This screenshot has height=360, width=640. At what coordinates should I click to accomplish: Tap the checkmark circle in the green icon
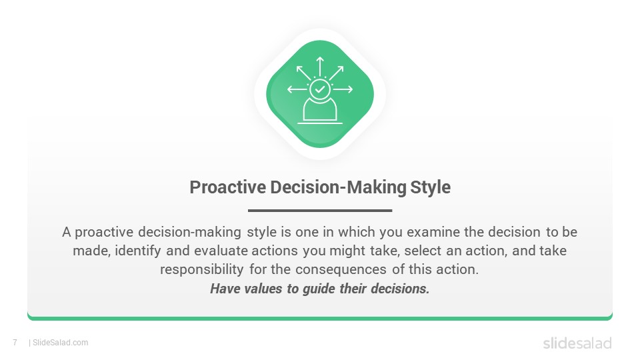click(x=320, y=89)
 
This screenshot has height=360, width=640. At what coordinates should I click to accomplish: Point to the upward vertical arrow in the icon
click(x=320, y=67)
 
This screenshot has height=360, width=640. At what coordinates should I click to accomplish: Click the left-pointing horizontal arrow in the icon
click(x=297, y=89)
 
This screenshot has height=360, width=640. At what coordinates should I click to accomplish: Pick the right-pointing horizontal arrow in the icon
click(x=343, y=89)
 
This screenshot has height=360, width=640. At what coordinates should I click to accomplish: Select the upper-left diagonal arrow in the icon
click(x=304, y=73)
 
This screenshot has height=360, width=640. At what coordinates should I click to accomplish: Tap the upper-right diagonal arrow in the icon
click(x=336, y=73)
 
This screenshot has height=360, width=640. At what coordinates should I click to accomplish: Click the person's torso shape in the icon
click(x=320, y=110)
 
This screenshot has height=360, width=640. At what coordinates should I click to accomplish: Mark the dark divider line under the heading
click(x=320, y=211)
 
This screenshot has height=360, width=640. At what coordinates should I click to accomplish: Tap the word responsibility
click(x=201, y=270)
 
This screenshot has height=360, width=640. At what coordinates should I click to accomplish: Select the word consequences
click(x=341, y=270)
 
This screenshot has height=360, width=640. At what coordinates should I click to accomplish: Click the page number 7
click(x=15, y=343)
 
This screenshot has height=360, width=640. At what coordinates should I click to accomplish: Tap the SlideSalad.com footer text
click(x=61, y=343)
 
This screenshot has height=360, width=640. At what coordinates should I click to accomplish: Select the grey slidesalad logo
click(x=577, y=343)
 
